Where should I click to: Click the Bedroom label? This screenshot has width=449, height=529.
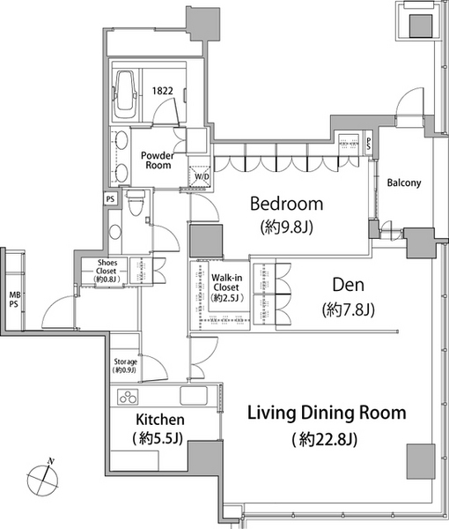pos(287,204)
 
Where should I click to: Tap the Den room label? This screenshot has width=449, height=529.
pos(349,285)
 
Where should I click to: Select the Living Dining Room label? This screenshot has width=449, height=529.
pos(327,413)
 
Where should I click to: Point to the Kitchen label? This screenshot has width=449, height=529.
pos(160,420)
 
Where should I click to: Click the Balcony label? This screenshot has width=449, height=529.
pos(404,183)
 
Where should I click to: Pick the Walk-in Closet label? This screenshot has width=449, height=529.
pos(226,283)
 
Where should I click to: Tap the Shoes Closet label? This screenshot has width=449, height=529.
pos(107,267)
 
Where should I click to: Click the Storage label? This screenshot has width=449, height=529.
pos(125,361)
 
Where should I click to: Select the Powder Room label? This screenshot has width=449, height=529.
pos(158,160)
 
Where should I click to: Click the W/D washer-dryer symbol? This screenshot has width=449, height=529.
pos(200,176)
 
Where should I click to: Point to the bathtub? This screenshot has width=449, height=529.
pos(125,94)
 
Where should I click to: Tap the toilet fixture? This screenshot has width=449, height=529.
pos(136,202)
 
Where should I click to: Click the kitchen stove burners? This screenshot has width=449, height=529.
pos(128,397)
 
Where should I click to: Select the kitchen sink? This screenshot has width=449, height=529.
pos(194,395)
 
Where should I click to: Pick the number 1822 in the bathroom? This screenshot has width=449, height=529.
pos(163,91)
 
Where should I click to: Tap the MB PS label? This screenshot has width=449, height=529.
pos(15,300)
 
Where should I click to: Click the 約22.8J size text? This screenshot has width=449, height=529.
pos(324,439)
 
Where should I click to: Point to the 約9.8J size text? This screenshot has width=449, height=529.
pos(287,227)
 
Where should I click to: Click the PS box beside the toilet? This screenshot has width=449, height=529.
pos(110,199)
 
